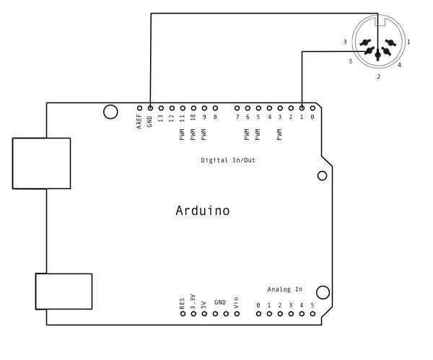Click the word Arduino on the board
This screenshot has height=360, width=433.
[203, 211]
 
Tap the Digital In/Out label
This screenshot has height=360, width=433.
[228, 160]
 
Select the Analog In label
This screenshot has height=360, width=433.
[284, 289]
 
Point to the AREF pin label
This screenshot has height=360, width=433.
[139, 121]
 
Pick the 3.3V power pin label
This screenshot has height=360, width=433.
[193, 301]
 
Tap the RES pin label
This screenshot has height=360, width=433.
[183, 303]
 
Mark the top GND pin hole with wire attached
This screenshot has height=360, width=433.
[150, 106]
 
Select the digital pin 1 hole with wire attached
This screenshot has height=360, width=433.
[302, 106]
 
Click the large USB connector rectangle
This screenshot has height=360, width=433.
[41, 163]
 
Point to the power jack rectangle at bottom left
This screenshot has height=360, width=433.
[64, 291]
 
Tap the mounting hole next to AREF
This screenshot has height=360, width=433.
[110, 111]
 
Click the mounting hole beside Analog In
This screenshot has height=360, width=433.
[323, 291]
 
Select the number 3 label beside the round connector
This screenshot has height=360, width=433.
[345, 43]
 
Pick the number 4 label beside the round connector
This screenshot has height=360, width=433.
[399, 65]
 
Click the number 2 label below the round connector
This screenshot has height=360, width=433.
[378, 76]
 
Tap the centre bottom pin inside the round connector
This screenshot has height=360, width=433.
[377, 55]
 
